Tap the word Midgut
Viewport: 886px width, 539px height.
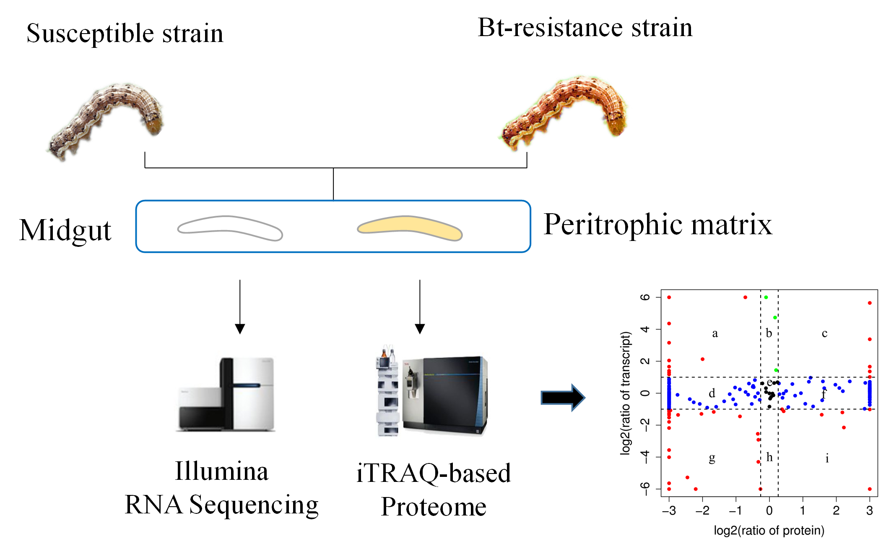pyautogui.click(x=65, y=230)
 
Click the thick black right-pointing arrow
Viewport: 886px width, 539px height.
pyautogui.click(x=562, y=397)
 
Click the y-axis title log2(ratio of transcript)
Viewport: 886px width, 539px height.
pyautogui.click(x=625, y=393)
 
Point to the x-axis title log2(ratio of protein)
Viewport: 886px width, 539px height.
pyautogui.click(x=769, y=530)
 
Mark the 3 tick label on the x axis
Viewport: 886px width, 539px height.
pyautogui.click(x=870, y=510)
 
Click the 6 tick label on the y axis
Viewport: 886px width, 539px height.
pyautogui.click(x=645, y=297)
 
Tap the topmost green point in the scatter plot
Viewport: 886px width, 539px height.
pyautogui.click(x=766, y=297)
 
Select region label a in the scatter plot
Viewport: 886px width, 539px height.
pyautogui.click(x=715, y=333)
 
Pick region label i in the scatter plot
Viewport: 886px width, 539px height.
pyautogui.click(x=827, y=458)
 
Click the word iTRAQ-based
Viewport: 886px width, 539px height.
pyautogui.click(x=434, y=473)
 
